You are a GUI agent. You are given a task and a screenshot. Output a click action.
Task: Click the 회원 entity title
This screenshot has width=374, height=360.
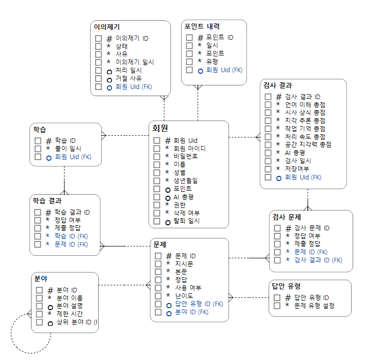click(160, 128)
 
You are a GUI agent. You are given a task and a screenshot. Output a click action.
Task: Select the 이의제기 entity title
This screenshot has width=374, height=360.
click(107, 27)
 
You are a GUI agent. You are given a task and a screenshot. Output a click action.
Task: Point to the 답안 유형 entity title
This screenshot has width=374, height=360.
click(286, 286)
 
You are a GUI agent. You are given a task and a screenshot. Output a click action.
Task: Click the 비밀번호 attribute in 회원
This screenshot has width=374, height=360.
click(186, 156)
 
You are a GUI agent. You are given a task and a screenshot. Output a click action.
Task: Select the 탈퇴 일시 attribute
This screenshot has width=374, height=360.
click(187, 221)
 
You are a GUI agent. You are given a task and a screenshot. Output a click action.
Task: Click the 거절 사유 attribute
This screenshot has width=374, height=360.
click(128, 79)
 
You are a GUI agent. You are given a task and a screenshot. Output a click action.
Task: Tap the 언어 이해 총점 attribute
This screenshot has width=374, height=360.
click(305, 104)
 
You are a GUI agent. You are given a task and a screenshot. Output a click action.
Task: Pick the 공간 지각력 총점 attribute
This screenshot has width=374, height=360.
click(308, 144)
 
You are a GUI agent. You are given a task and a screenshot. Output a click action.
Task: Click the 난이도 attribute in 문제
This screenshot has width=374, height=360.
click(184, 296)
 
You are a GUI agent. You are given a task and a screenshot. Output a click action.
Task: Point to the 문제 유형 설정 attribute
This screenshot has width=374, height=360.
click(314, 306)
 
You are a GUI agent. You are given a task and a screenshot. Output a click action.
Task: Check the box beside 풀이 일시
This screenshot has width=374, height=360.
click(38, 148)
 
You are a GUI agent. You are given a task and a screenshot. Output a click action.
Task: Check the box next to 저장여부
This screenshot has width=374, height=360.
click(268, 169)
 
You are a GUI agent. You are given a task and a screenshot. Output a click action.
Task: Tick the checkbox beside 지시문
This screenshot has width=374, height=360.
click(158, 264)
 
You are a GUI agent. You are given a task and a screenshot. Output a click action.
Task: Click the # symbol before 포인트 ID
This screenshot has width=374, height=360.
click(200, 38)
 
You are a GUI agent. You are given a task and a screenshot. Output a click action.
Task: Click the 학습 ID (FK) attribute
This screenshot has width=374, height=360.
click(71, 236)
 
